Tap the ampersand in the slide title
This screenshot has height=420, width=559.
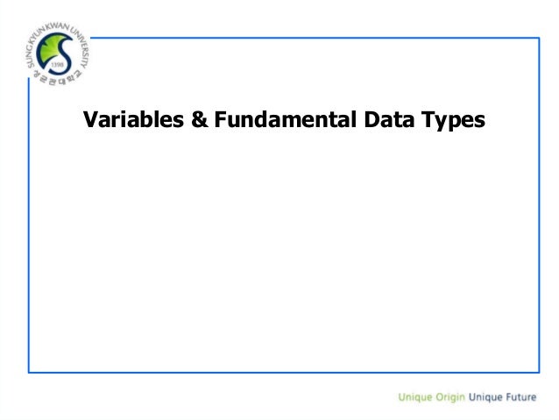click(199, 120)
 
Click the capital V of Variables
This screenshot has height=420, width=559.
click(89, 120)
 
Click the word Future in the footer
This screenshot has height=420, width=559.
click(520, 397)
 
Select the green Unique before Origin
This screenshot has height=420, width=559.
click(415, 397)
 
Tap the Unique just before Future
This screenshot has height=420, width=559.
click(485, 397)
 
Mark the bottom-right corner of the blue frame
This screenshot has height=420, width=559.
click(539, 372)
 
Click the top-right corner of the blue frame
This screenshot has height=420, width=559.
click(539, 39)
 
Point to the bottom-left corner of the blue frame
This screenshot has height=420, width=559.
click(29, 372)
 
